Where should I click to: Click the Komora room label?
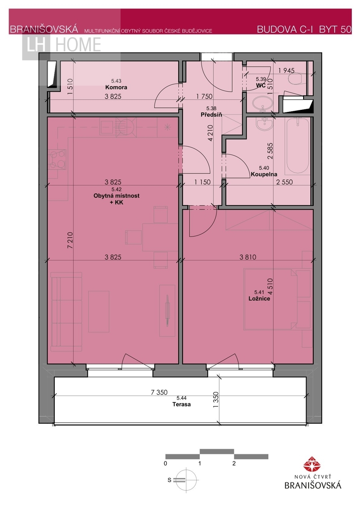pos(116,87)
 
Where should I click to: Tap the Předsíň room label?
pos(211,115)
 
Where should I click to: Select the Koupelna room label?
pos(264,174)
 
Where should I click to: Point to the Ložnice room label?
pos(259,298)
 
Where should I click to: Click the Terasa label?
pos(181,404)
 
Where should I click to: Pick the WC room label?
pos(261,86)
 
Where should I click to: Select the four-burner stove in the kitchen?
pos(57,159)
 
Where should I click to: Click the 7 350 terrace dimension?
pos(159,392)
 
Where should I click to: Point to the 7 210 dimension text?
pos(70,240)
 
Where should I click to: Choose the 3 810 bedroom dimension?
pos(247,257)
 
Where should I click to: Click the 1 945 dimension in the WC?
pos(286,70)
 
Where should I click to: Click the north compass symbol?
pos(186,480)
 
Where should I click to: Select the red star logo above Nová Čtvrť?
pos(312,464)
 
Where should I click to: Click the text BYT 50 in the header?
pos(335,30)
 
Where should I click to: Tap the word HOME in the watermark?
pos(78,45)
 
